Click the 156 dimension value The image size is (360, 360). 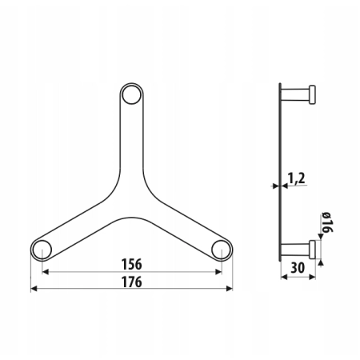click(x=132, y=264)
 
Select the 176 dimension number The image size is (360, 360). click(x=132, y=282)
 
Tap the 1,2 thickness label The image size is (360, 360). click(x=297, y=178)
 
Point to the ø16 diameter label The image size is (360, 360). click(x=327, y=222)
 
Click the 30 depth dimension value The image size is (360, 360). click(x=298, y=267)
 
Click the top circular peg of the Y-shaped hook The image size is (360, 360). click(x=131, y=94)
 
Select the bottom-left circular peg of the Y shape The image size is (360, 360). click(x=42, y=250)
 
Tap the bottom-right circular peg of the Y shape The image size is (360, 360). click(x=222, y=250)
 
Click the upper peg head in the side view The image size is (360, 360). click(x=312, y=94)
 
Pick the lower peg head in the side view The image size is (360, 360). click(x=312, y=250)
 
